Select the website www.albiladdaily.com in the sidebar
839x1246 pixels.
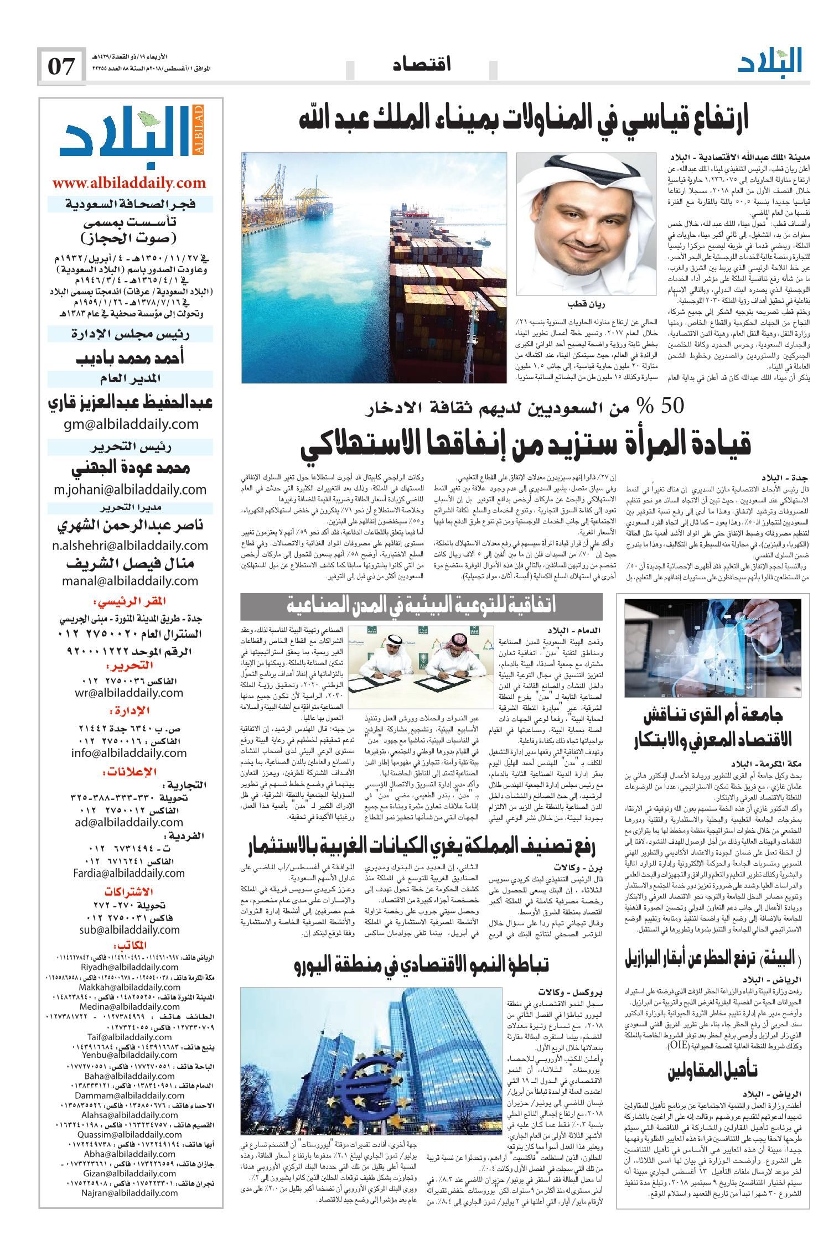pos(128,183)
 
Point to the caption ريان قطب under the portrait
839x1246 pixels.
pos(582,305)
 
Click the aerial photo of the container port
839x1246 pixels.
pos(374,268)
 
